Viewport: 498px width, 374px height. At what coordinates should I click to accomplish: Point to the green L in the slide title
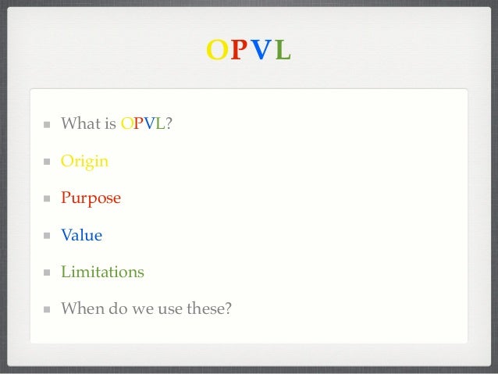pyautogui.click(x=283, y=50)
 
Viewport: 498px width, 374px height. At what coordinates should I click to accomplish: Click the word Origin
pyautogui.click(x=85, y=162)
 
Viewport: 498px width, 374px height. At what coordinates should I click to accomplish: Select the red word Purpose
pyautogui.click(x=91, y=198)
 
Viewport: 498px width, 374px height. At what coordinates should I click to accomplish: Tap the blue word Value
pyautogui.click(x=82, y=235)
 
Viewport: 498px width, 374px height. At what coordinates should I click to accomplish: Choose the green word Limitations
pyautogui.click(x=103, y=272)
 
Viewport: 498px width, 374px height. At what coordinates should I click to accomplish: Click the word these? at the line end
pyautogui.click(x=210, y=308)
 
